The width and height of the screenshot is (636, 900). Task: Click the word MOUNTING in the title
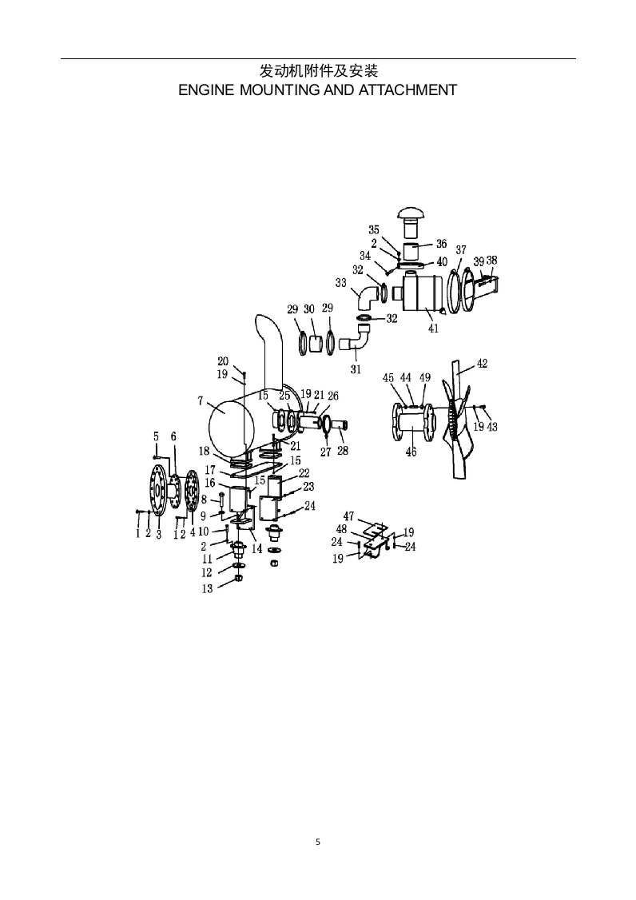click(276, 90)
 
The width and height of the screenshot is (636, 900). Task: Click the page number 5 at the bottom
click(318, 842)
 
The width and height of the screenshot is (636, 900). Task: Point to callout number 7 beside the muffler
click(201, 400)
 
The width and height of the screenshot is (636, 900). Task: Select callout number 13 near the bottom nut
click(207, 589)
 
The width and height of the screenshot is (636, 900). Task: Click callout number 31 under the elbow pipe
click(356, 369)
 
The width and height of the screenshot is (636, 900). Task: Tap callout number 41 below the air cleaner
click(433, 328)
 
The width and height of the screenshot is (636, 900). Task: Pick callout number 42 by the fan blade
click(482, 363)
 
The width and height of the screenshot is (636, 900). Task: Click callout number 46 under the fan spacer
click(411, 452)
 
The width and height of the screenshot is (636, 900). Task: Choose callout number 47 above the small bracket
click(348, 516)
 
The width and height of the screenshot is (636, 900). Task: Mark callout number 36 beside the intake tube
click(441, 244)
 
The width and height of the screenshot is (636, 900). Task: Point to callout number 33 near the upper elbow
click(340, 283)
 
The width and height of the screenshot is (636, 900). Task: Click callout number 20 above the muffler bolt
click(223, 361)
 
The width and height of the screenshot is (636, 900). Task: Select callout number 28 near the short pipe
click(343, 451)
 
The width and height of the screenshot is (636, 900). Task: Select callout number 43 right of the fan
click(492, 428)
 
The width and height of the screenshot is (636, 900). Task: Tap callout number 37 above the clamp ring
click(461, 250)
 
